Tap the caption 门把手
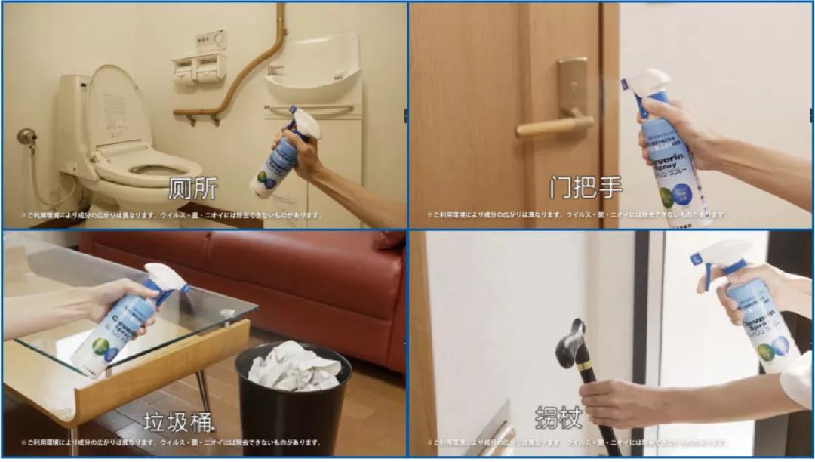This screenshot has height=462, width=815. click(586, 188)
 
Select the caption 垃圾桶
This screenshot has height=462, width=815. click(178, 419)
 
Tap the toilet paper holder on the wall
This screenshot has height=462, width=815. click(198, 69)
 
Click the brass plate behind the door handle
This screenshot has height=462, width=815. click(573, 87)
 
